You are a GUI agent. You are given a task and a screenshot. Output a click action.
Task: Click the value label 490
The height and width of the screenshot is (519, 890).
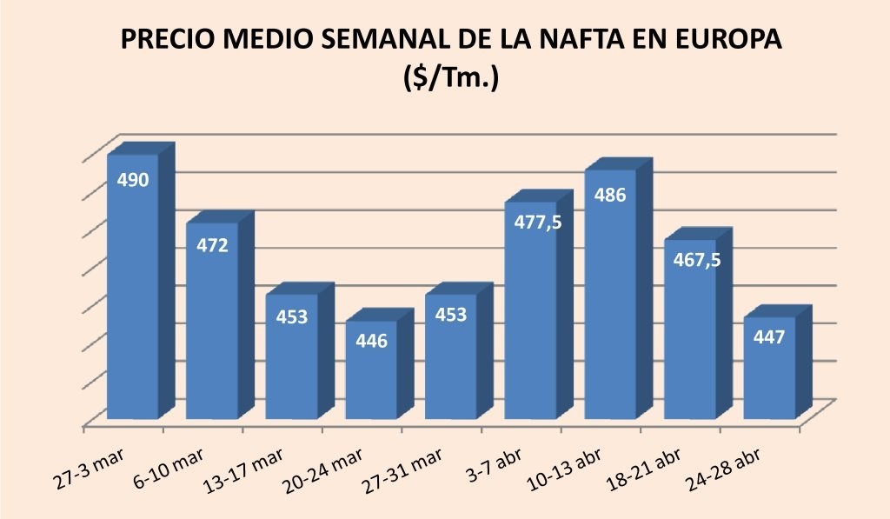tap(132, 180)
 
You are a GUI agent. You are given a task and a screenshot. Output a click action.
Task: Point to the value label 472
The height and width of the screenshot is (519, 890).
tap(212, 245)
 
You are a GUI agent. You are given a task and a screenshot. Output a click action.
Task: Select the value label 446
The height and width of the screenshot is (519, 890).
tap(371, 340)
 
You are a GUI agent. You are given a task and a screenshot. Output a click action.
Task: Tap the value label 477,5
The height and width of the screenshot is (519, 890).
tap(531, 223)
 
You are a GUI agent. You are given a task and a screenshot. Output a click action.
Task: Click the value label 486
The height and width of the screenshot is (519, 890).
tap(609, 195)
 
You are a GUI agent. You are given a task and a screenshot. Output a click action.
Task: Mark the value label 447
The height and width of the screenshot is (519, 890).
tap(769, 337)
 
